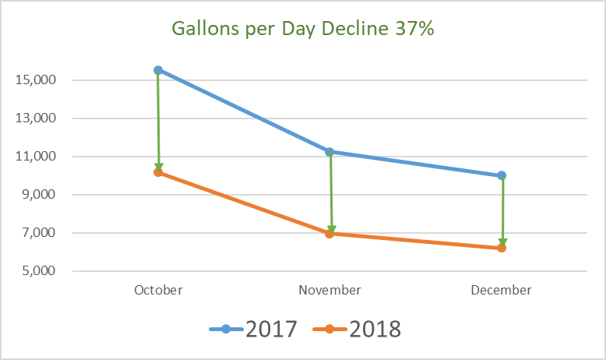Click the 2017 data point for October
[x=158, y=70]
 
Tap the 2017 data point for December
[x=502, y=175]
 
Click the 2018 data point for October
[x=158, y=172]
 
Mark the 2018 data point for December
[x=502, y=248]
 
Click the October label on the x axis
[x=158, y=290]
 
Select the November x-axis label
[x=329, y=290]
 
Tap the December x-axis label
[x=502, y=290]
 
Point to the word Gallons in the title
[x=204, y=31]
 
